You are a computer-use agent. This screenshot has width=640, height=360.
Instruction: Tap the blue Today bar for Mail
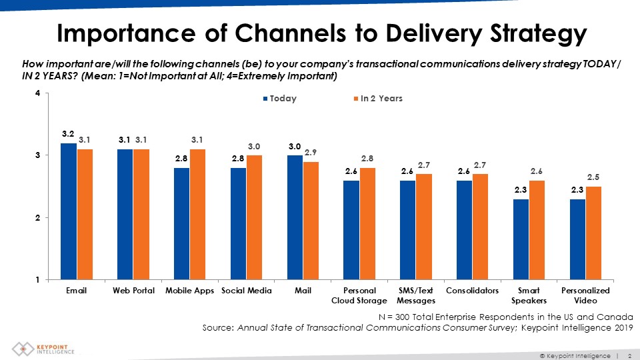295,217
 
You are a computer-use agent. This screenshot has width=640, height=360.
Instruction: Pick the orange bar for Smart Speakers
537,229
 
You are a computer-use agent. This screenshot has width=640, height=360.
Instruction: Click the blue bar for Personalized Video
577,239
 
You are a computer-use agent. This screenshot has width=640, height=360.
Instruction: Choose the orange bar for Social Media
255,217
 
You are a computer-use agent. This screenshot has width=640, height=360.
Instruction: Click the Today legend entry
280,99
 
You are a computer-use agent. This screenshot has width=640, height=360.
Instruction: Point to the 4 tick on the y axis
37,93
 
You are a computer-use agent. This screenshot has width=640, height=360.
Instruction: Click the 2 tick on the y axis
37,218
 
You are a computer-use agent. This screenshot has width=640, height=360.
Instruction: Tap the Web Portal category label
133,291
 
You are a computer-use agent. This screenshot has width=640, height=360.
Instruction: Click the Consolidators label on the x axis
472,291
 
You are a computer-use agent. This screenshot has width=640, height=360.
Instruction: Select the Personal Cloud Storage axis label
359,296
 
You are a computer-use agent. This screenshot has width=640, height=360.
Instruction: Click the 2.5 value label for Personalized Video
594,177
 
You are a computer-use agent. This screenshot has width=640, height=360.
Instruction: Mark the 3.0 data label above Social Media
255,146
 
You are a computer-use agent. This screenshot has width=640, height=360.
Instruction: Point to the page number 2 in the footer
630,356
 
